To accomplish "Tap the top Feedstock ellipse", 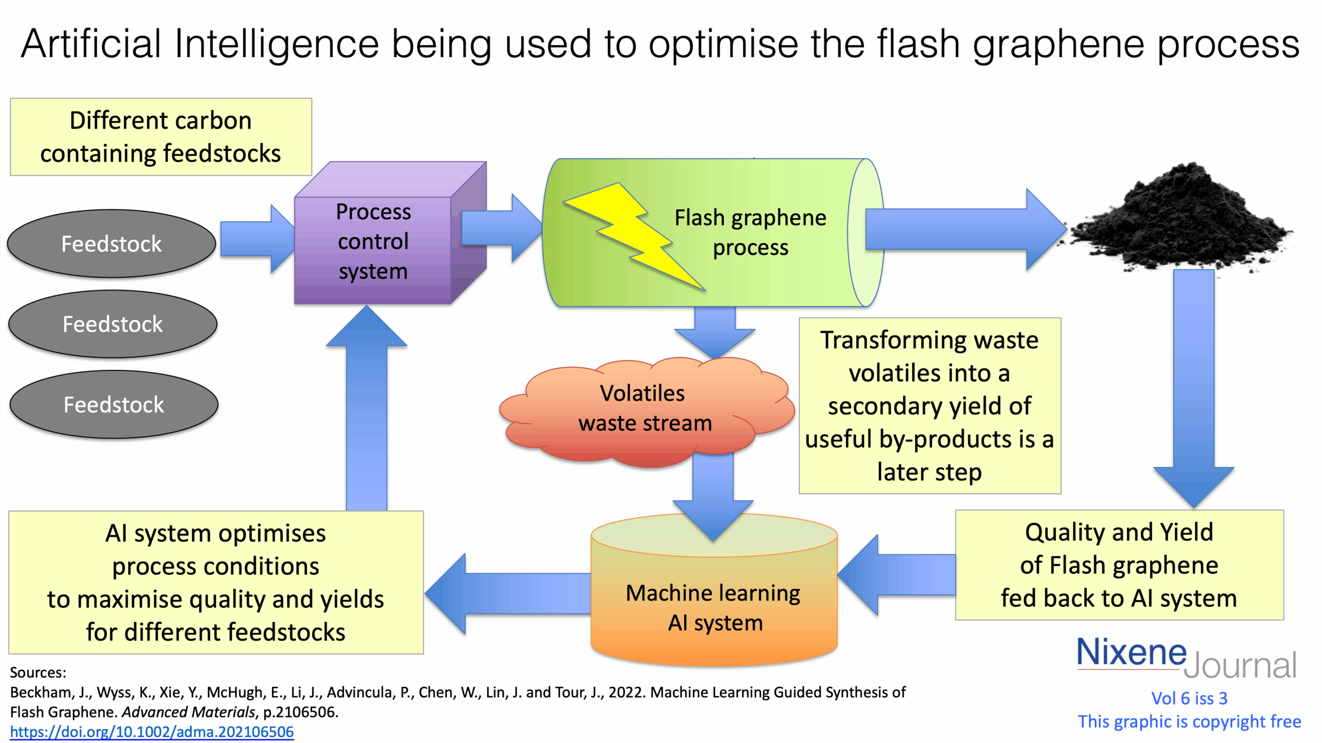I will (x=112, y=244).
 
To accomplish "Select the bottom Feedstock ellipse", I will (x=114, y=405).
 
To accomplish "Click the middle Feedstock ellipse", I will (x=113, y=324).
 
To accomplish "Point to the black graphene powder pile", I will (x=1183, y=222).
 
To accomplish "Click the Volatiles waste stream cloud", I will (x=646, y=410).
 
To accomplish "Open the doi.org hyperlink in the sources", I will (x=152, y=732).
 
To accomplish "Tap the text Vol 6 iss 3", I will (x=1189, y=698).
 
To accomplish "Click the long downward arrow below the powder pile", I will (x=1193, y=382).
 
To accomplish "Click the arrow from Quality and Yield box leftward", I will (x=899, y=575).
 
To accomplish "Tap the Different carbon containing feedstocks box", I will (x=161, y=137).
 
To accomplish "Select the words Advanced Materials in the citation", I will (x=188, y=712).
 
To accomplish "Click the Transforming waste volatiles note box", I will (x=930, y=406).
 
